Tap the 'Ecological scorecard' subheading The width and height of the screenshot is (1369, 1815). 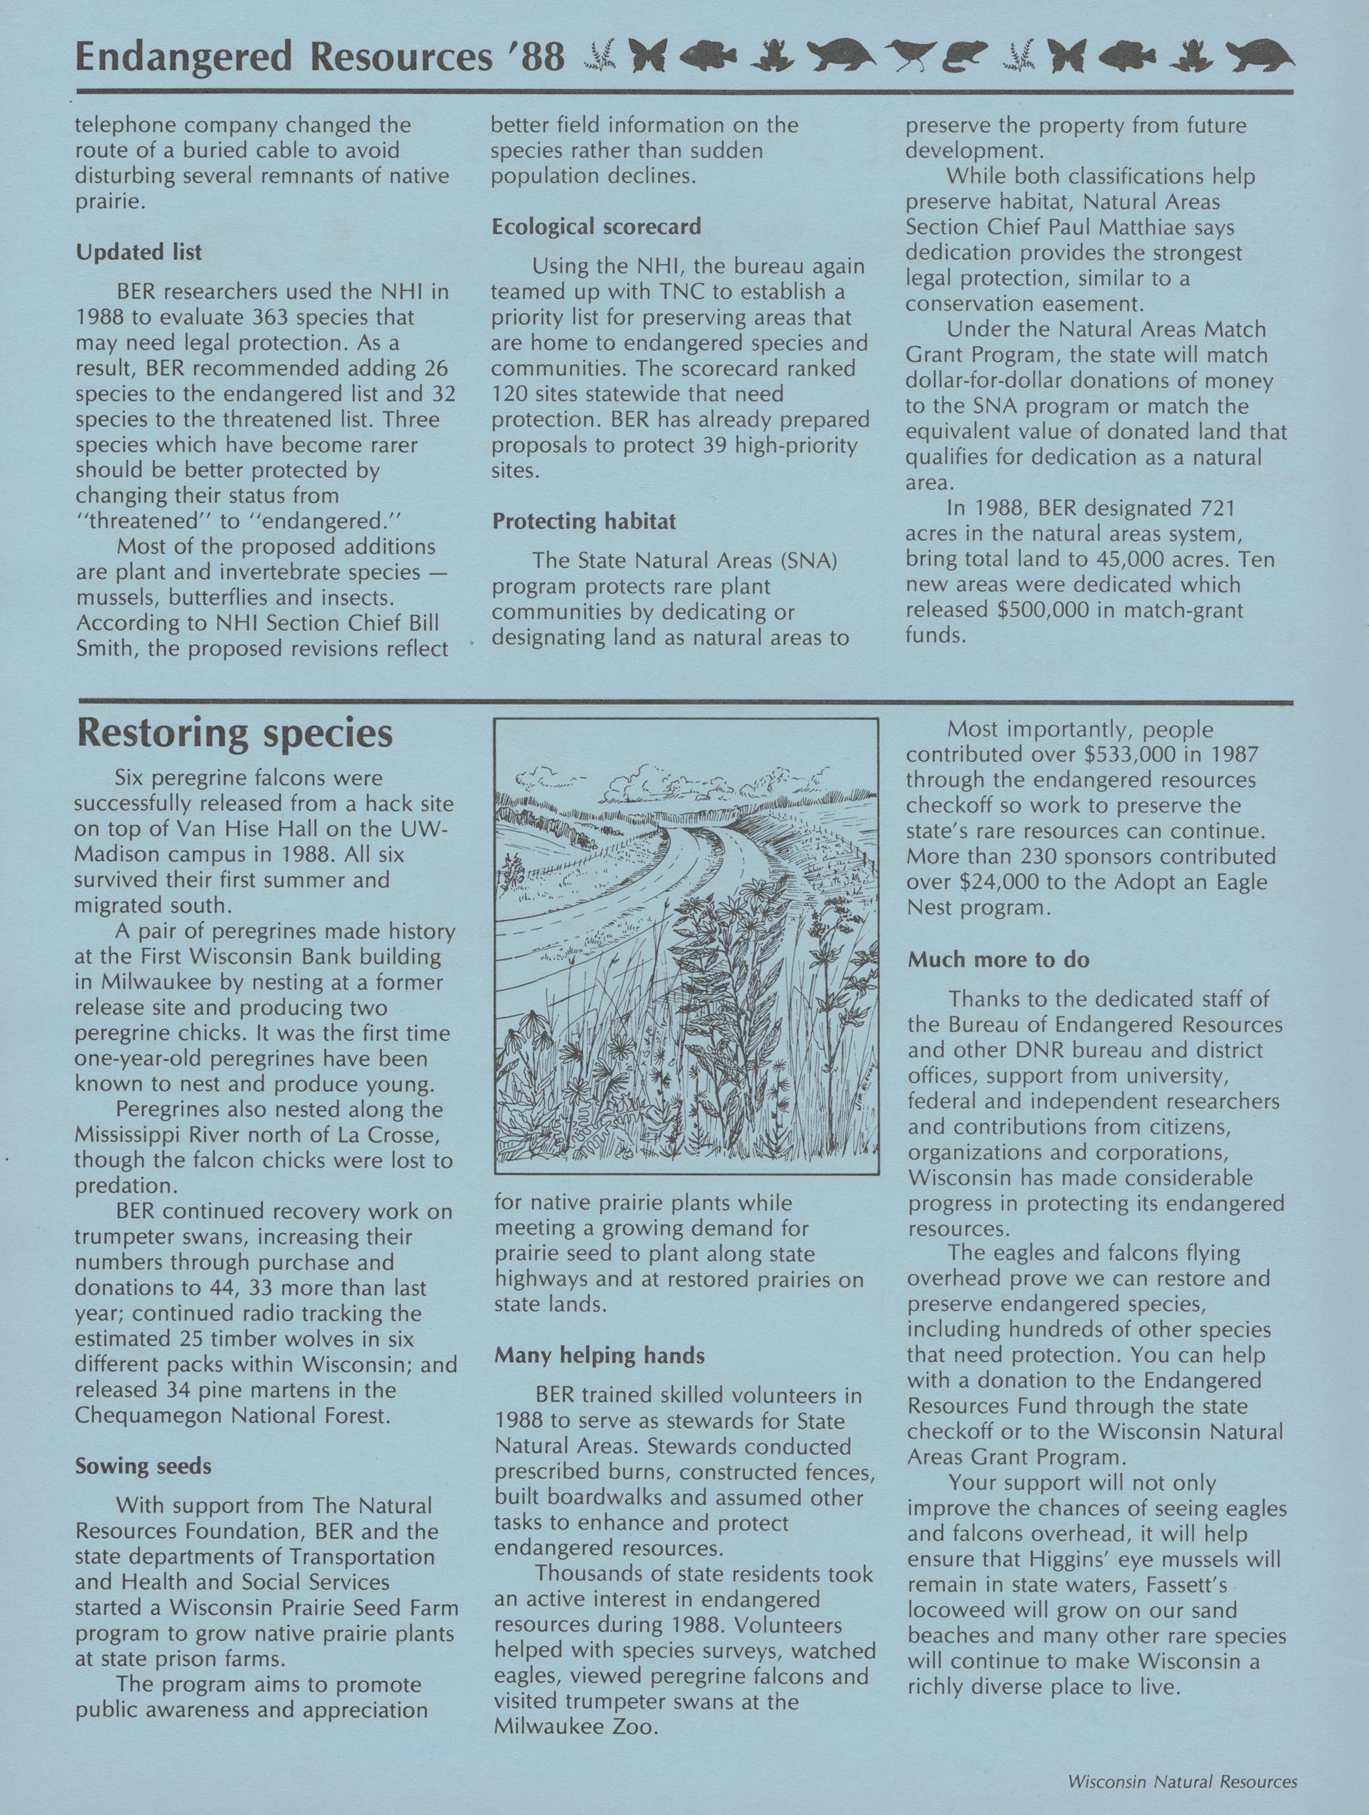[596, 227]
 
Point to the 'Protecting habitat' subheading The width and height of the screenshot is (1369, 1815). [584, 521]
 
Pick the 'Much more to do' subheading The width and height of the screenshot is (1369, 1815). [998, 960]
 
